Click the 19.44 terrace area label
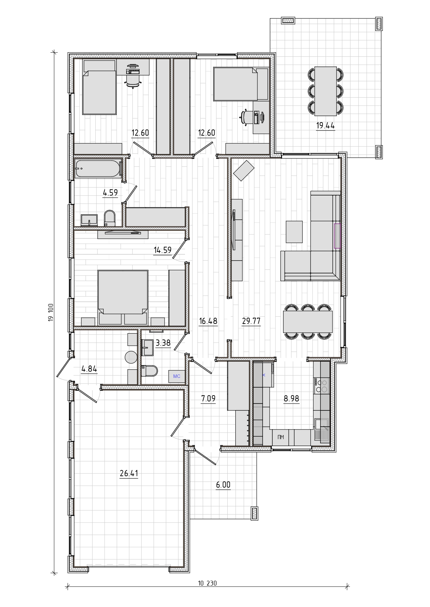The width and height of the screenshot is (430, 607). (325, 125)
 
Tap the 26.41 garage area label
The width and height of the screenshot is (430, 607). (129, 473)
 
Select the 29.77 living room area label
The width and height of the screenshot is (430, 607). (251, 321)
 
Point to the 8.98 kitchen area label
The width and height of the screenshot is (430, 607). (291, 398)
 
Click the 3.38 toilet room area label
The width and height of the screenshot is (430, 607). (163, 343)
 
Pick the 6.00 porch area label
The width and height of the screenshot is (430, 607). (223, 485)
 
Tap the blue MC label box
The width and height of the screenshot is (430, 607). (177, 377)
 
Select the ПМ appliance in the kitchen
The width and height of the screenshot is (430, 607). (281, 437)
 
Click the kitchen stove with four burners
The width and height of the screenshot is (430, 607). (321, 385)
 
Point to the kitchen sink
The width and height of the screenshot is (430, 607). (322, 430)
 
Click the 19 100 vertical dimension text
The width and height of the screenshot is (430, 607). (51, 312)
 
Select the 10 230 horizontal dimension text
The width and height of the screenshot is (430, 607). (207, 583)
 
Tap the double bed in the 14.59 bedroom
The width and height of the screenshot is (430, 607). (123, 297)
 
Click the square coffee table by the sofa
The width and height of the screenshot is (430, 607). (294, 232)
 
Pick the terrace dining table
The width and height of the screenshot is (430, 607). (325, 91)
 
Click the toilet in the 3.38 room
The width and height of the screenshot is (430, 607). (150, 371)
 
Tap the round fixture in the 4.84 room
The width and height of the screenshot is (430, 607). (131, 357)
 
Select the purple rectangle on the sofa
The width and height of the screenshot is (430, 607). (337, 236)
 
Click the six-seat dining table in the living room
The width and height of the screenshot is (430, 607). (308, 321)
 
